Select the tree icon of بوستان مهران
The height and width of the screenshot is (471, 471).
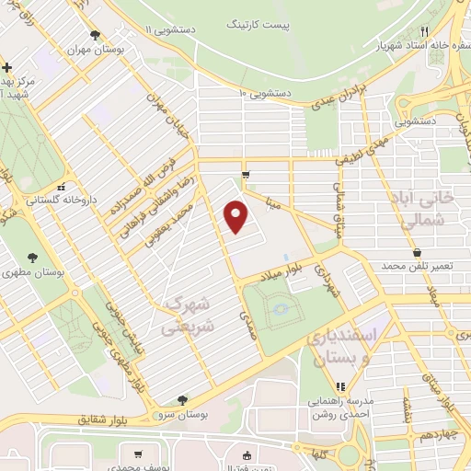click(x=96, y=37)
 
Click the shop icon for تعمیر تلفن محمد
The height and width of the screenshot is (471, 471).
click(x=418, y=251)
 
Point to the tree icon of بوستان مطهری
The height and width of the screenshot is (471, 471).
click(x=34, y=258)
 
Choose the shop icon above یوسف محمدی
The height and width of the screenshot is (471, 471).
click(x=137, y=454)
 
